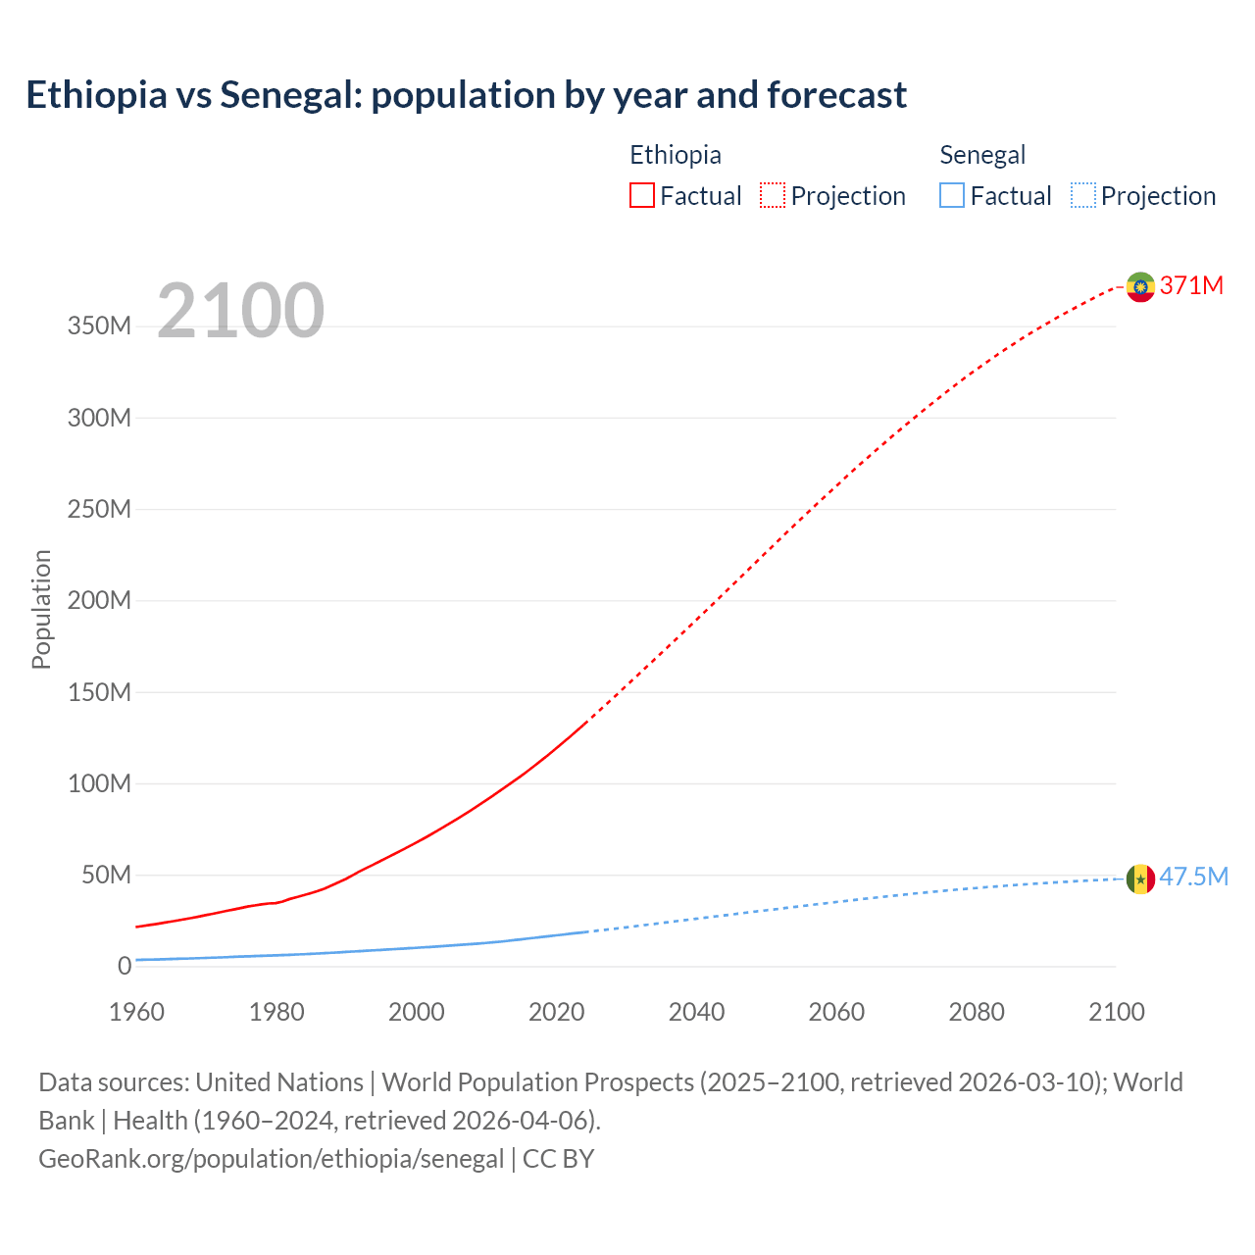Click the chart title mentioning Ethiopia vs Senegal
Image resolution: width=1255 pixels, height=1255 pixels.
pyautogui.click(x=466, y=95)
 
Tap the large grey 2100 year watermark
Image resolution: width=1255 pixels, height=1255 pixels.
pyautogui.click(x=240, y=311)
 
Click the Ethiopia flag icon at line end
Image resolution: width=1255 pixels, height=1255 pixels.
pyautogui.click(x=1139, y=286)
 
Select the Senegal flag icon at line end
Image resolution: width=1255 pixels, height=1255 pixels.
pyautogui.click(x=1139, y=878)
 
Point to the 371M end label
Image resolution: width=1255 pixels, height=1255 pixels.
pyautogui.click(x=1191, y=285)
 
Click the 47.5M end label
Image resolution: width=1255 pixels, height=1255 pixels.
pyautogui.click(x=1193, y=877)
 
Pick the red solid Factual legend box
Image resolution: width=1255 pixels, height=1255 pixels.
pyautogui.click(x=642, y=195)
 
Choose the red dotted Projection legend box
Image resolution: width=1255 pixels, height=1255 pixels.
pyautogui.click(x=773, y=195)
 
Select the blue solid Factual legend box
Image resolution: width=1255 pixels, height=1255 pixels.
pyautogui.click(x=952, y=195)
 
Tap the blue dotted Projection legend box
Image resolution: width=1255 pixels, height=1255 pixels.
pyautogui.click(x=1083, y=195)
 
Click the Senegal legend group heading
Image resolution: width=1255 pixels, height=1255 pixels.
pyautogui.click(x=982, y=155)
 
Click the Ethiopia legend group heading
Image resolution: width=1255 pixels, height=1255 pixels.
pyautogui.click(x=676, y=155)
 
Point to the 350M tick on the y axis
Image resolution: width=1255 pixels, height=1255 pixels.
pyautogui.click(x=99, y=326)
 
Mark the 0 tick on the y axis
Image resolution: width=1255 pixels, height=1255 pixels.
pyautogui.click(x=124, y=967)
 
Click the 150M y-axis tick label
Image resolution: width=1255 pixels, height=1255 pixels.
pyautogui.click(x=99, y=692)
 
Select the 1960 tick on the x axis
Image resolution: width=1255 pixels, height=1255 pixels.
pyautogui.click(x=136, y=1012)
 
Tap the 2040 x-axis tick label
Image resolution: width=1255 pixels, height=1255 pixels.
pyautogui.click(x=696, y=1012)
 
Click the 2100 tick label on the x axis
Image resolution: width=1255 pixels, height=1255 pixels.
pyautogui.click(x=1116, y=1012)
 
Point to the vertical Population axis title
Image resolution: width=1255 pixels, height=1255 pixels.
pyautogui.click(x=41, y=609)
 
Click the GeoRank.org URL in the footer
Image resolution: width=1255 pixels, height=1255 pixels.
pyautogui.click(x=271, y=1159)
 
